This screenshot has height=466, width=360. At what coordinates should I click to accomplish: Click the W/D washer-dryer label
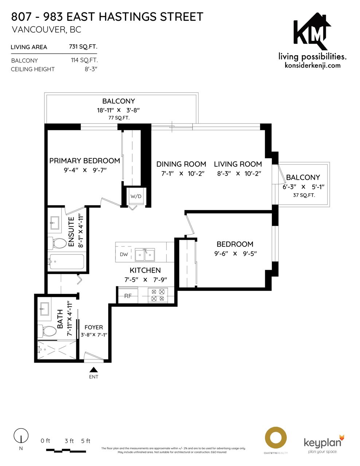136,196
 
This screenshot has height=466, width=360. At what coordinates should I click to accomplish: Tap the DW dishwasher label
124,254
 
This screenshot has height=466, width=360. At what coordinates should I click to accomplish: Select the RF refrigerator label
128,296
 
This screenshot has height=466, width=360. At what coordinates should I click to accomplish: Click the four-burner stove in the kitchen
158,295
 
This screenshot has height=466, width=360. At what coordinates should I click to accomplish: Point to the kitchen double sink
145,255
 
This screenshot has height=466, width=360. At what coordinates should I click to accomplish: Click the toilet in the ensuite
57,244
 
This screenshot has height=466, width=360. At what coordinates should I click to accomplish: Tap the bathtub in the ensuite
66,262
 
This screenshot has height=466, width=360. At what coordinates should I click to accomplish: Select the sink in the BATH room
44,309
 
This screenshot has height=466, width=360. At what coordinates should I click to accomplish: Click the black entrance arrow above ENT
94,370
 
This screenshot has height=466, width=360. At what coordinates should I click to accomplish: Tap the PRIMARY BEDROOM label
85,161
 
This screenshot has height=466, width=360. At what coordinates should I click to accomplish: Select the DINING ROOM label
181,164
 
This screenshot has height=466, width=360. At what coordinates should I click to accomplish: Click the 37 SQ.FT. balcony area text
304,196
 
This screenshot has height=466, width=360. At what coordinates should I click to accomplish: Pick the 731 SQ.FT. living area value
83,47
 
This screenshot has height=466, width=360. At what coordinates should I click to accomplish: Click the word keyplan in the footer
322,443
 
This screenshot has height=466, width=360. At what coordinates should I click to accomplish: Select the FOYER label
94,327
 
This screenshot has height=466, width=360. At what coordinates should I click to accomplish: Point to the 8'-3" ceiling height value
91,69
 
